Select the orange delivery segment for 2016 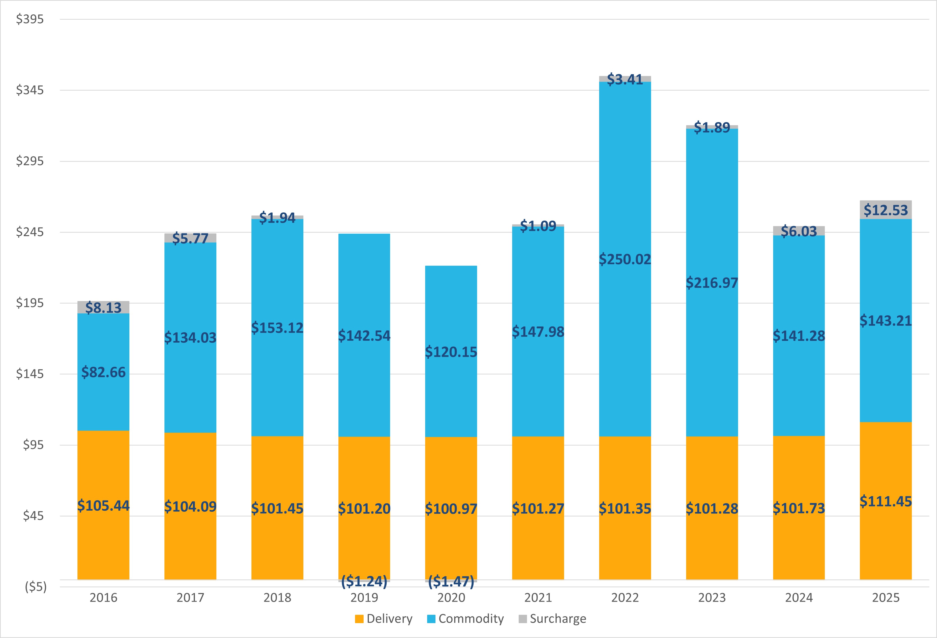click(x=103, y=544)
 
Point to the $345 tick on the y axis click(x=30, y=90)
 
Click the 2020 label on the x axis click(x=451, y=597)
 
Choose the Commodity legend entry click(x=466, y=619)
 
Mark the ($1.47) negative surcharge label click(x=451, y=581)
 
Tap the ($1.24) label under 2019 click(x=364, y=581)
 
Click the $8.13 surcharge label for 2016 click(x=103, y=308)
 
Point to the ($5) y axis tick click(x=36, y=587)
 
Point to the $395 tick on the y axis click(x=30, y=19)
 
